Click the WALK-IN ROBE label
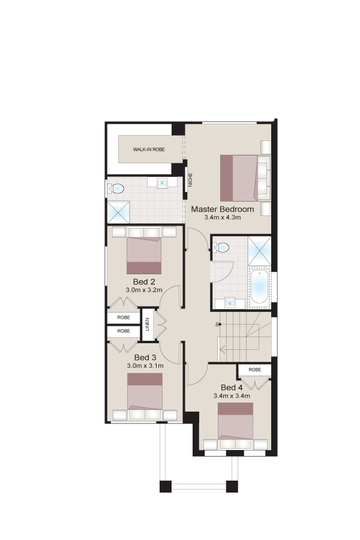[x=149, y=149]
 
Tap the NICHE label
[x=190, y=180]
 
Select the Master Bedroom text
[x=223, y=209]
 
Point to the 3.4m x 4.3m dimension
[x=223, y=217]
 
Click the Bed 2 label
[x=144, y=282]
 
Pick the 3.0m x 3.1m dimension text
[x=145, y=366]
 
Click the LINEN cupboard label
[x=148, y=325]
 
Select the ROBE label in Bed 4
[x=255, y=370]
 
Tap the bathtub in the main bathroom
[x=259, y=287]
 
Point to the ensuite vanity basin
[x=162, y=184]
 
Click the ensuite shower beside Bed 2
[x=119, y=212]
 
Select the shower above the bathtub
[x=259, y=251]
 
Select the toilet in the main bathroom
[x=221, y=247]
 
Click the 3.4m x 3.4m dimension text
[x=232, y=396]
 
